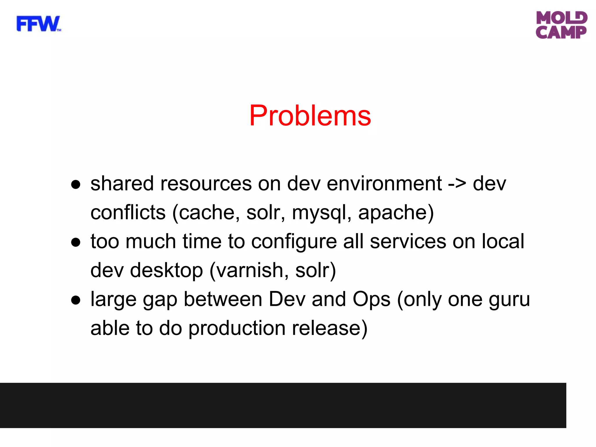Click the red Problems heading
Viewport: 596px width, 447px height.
coord(310,116)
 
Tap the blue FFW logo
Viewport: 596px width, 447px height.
coord(38,24)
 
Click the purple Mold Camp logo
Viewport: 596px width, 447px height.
coord(561,25)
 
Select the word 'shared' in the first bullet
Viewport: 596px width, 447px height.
coord(122,184)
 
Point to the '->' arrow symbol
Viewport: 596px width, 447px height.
coord(457,184)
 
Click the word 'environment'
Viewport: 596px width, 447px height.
coord(384,184)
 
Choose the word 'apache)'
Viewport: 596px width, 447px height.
coord(396,213)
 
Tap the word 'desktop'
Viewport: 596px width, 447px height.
coord(166,271)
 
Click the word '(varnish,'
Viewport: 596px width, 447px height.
coord(249,271)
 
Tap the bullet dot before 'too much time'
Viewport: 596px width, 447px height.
coord(76,242)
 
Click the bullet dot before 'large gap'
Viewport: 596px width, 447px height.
coord(76,300)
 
